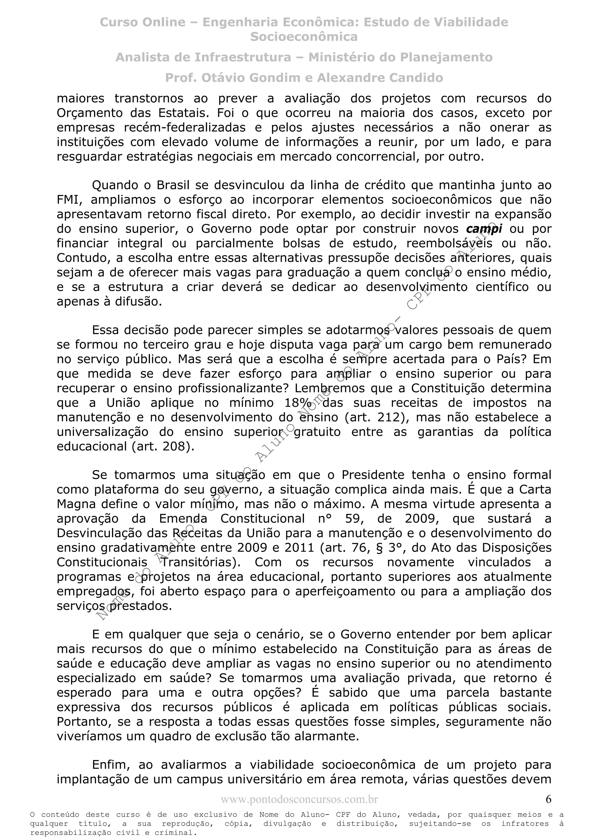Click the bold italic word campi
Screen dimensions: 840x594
pyautogui.click(x=484, y=229)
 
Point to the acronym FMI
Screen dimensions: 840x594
pyautogui.click(x=70, y=200)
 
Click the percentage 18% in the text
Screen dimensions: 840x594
pyautogui.click(x=298, y=403)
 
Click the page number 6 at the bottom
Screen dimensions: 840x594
pyautogui.click(x=548, y=800)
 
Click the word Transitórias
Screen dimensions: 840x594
pyautogui.click(x=201, y=562)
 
